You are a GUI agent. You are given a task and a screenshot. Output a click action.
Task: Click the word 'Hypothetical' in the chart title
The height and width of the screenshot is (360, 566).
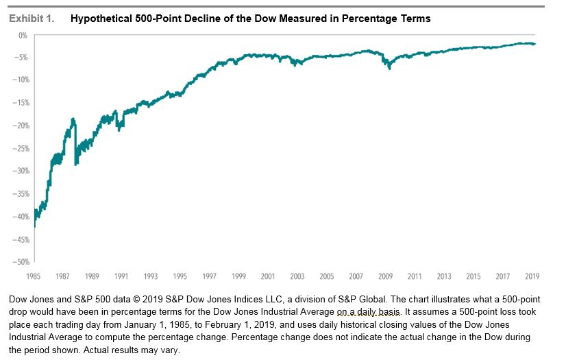point(102,19)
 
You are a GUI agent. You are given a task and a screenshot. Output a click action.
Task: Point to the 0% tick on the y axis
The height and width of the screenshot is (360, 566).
point(23,34)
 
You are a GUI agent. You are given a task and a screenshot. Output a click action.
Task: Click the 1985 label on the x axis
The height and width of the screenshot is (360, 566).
point(34,276)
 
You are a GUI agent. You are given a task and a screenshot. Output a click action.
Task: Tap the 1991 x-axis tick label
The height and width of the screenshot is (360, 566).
point(121,276)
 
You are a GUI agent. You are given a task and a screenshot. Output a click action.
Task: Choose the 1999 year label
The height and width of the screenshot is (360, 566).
point(238,276)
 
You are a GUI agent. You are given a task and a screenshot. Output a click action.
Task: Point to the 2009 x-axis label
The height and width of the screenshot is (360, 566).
point(386,276)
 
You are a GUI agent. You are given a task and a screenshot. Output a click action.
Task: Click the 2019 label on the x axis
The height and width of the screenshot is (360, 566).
point(532,276)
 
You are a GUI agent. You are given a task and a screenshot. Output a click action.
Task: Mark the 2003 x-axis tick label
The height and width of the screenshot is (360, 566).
point(297,276)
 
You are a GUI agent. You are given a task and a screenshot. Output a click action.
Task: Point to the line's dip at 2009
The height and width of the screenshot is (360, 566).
point(389,67)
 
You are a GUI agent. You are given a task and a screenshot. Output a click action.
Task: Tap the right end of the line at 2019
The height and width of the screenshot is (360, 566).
point(535,44)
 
